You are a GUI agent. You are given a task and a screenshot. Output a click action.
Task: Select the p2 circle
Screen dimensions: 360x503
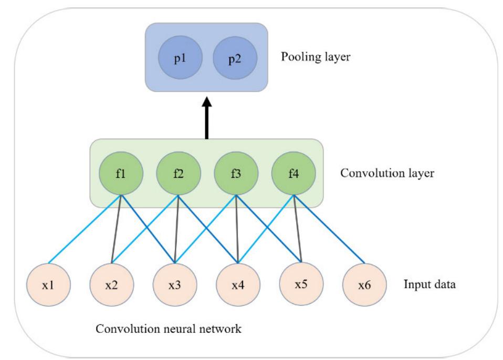pos(235,57)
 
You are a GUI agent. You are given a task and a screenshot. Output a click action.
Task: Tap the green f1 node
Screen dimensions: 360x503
pos(121,173)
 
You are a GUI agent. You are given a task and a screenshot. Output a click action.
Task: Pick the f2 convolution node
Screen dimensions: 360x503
pos(179,173)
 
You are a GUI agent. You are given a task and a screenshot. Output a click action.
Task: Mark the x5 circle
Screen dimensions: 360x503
pos(301,286)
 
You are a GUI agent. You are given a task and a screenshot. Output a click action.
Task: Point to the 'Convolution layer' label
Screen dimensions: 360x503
pos(387,173)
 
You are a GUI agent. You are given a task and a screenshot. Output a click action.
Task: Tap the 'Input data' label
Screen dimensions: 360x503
pos(428,287)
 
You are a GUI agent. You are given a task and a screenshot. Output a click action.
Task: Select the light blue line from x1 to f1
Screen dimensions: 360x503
pos(86,228)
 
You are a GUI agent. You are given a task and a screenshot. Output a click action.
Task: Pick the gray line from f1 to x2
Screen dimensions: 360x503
pos(117,228)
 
